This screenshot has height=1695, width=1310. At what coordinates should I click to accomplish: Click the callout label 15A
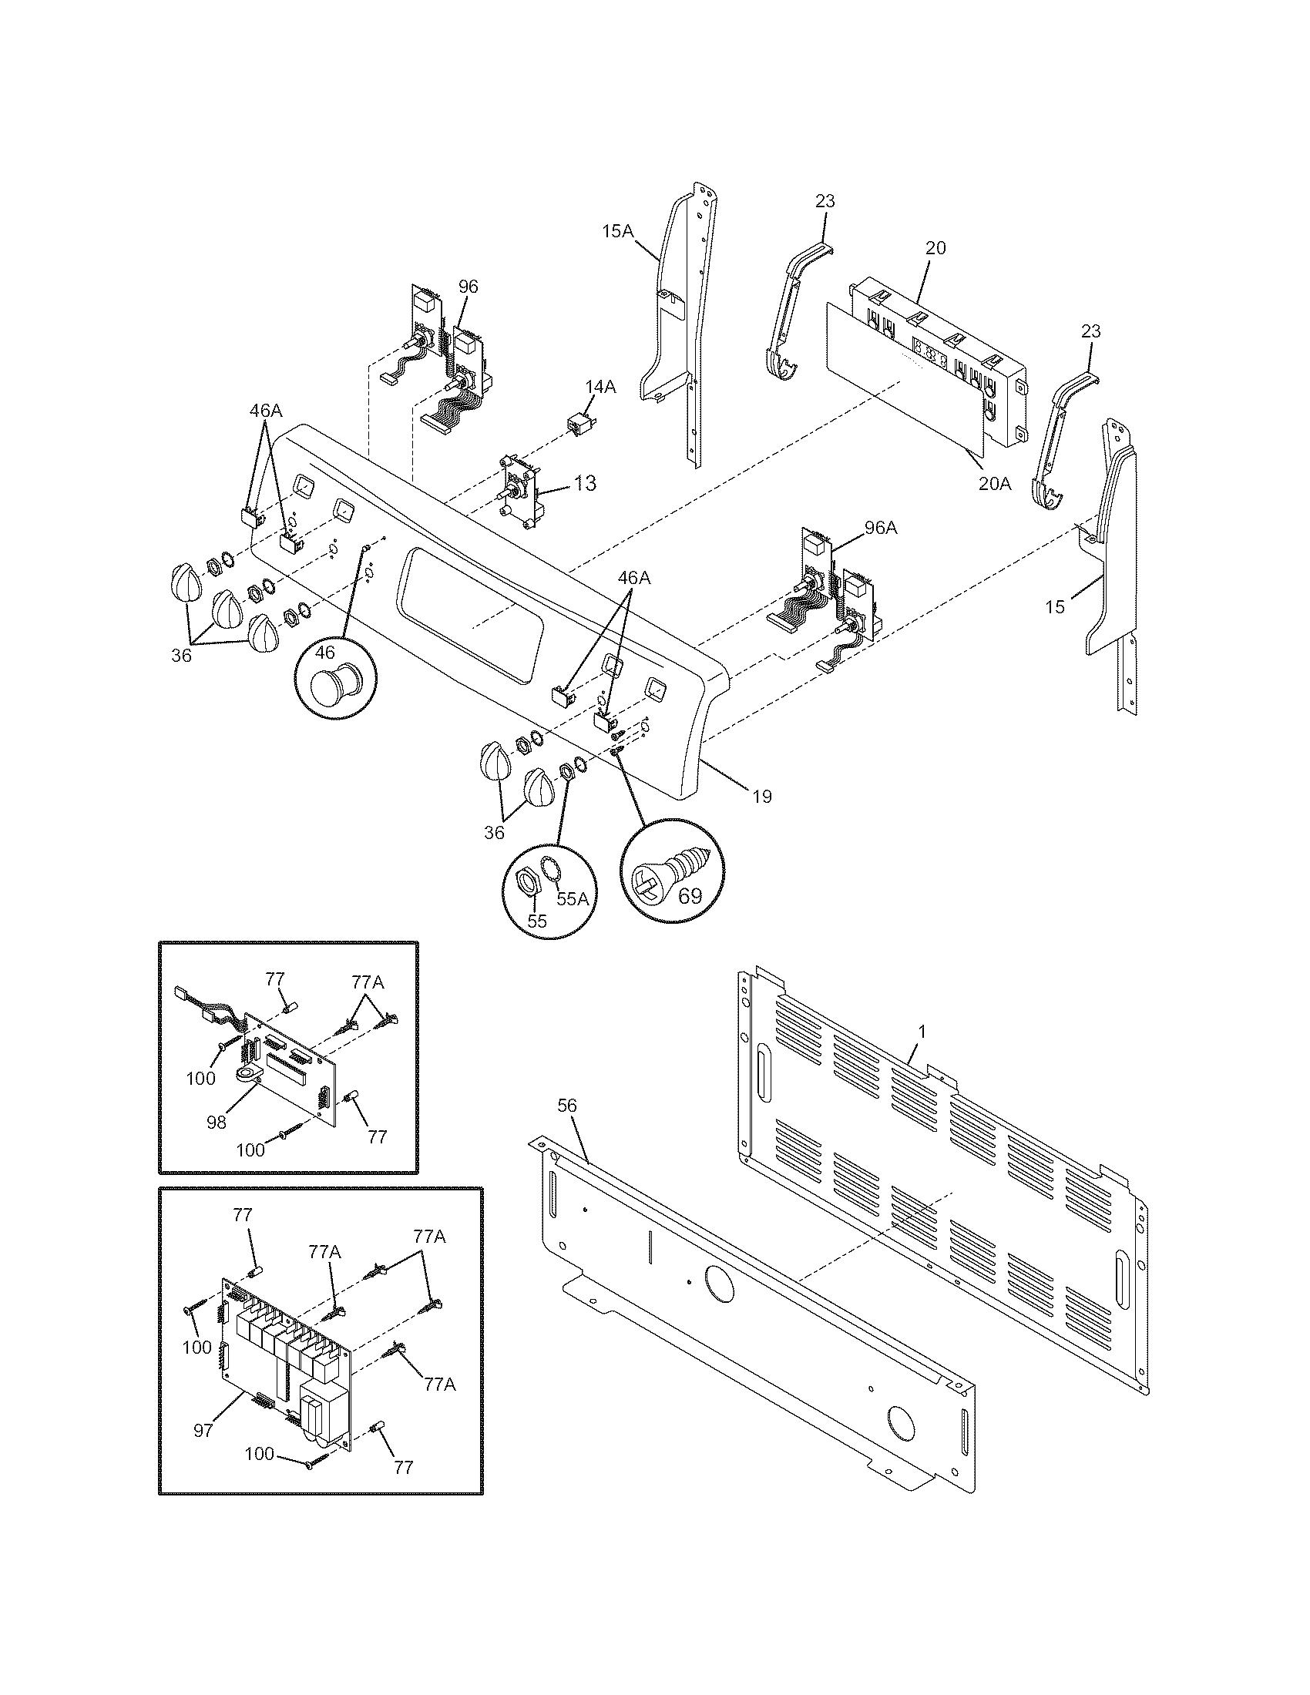pos(618,231)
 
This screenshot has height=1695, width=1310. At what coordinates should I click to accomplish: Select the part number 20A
pos(995,484)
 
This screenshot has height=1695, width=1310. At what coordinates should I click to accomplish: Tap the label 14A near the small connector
pos(600,388)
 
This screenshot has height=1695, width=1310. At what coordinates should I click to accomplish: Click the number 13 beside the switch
pos(585,483)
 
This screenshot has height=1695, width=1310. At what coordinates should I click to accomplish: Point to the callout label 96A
pos(880,528)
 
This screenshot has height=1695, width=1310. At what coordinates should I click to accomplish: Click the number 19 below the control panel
pos(761,796)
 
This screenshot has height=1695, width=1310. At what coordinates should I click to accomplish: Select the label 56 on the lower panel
pos(567,1106)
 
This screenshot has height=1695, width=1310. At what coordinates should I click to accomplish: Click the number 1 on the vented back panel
pos(922,1032)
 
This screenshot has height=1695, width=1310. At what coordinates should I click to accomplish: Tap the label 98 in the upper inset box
pos(217,1122)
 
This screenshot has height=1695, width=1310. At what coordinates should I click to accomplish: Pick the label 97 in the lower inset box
pos(203,1431)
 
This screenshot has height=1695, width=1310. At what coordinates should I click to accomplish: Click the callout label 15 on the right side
pos(1054,607)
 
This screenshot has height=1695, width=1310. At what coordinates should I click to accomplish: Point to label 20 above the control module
pos(935,248)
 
